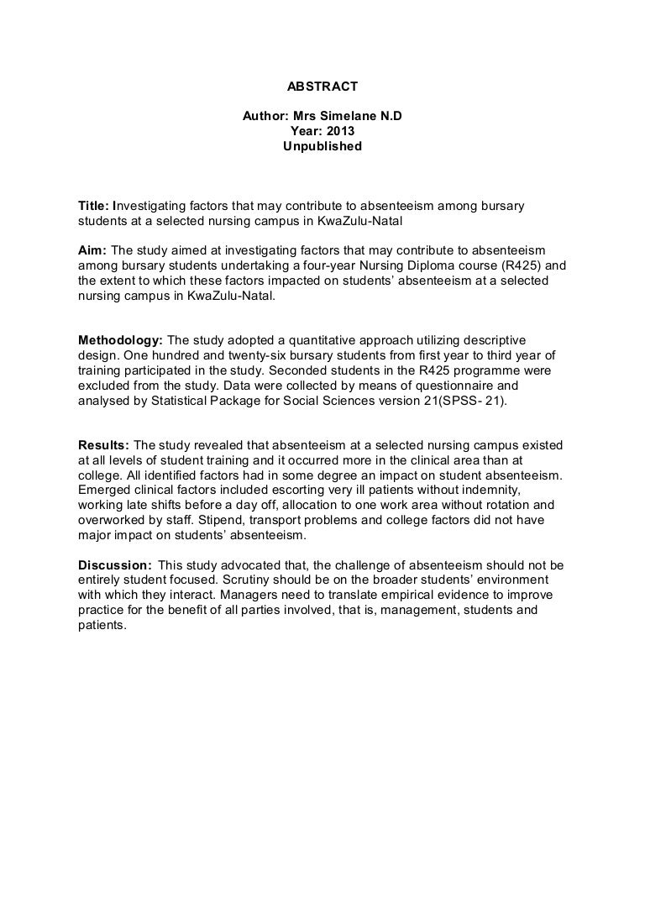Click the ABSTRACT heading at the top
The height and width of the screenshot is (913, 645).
pos(322,86)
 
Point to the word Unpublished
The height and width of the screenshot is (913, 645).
pos(322,146)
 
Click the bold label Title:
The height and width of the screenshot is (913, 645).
pos(93,206)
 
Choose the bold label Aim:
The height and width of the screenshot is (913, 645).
pos(92,250)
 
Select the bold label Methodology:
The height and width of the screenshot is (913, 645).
pos(120,340)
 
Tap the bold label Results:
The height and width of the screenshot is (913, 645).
pos(104,444)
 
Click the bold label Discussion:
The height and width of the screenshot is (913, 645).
pos(114,564)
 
